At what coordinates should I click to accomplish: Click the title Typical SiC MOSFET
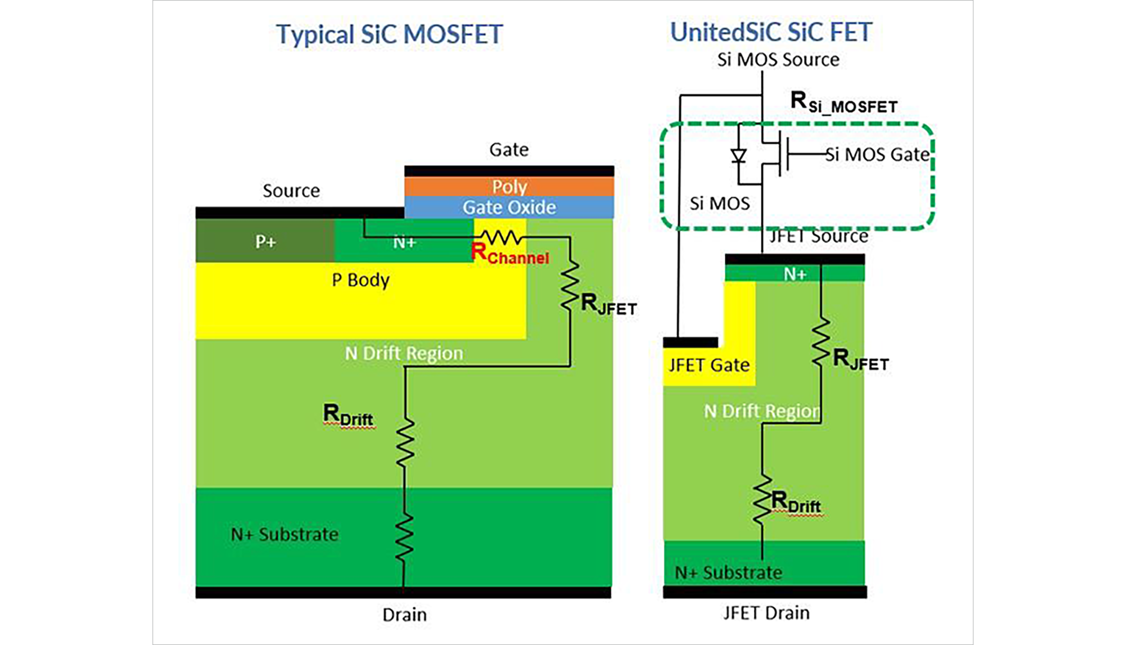pyautogui.click(x=389, y=34)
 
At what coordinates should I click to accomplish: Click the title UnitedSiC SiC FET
pyautogui.click(x=771, y=32)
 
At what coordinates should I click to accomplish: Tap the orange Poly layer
pyautogui.click(x=509, y=186)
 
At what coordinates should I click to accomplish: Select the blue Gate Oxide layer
pyautogui.click(x=509, y=207)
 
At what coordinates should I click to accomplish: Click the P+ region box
pyautogui.click(x=265, y=242)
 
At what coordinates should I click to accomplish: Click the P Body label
pyautogui.click(x=360, y=280)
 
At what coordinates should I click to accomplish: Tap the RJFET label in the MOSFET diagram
pyautogui.click(x=609, y=305)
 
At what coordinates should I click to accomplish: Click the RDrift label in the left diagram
pyautogui.click(x=348, y=416)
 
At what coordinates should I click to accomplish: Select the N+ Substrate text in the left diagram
pyautogui.click(x=284, y=534)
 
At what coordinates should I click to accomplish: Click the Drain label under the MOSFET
pyautogui.click(x=404, y=615)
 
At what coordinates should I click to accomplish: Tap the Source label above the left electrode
pyautogui.click(x=291, y=191)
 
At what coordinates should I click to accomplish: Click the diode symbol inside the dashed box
pyautogui.click(x=739, y=156)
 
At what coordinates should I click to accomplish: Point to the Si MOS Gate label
pyautogui.click(x=877, y=155)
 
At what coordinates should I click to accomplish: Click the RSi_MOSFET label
pyautogui.click(x=843, y=103)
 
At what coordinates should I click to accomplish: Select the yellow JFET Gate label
pyautogui.click(x=709, y=365)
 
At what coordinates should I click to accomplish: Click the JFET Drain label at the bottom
pyautogui.click(x=766, y=613)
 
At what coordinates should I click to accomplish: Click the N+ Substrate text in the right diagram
pyautogui.click(x=728, y=573)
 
